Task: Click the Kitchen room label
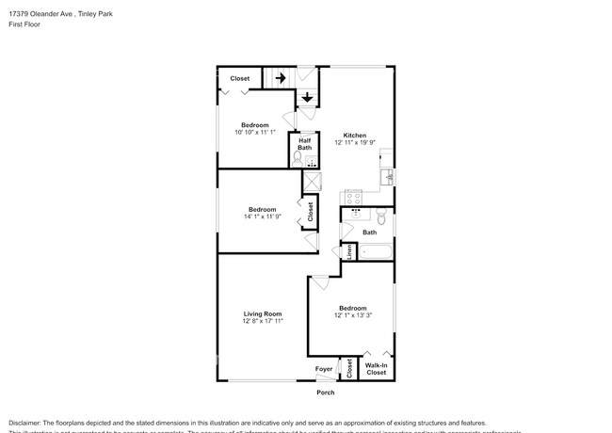354,135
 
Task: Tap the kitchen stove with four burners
353,198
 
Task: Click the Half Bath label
305,144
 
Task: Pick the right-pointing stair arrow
280,79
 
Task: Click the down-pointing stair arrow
308,96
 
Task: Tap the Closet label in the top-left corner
239,79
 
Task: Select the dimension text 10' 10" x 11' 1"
254,133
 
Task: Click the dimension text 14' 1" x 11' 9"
262,216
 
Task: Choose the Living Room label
263,313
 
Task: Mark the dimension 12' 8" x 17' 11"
263,321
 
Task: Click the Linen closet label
349,251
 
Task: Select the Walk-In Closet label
376,369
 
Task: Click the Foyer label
323,369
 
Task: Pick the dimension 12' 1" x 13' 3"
352,316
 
